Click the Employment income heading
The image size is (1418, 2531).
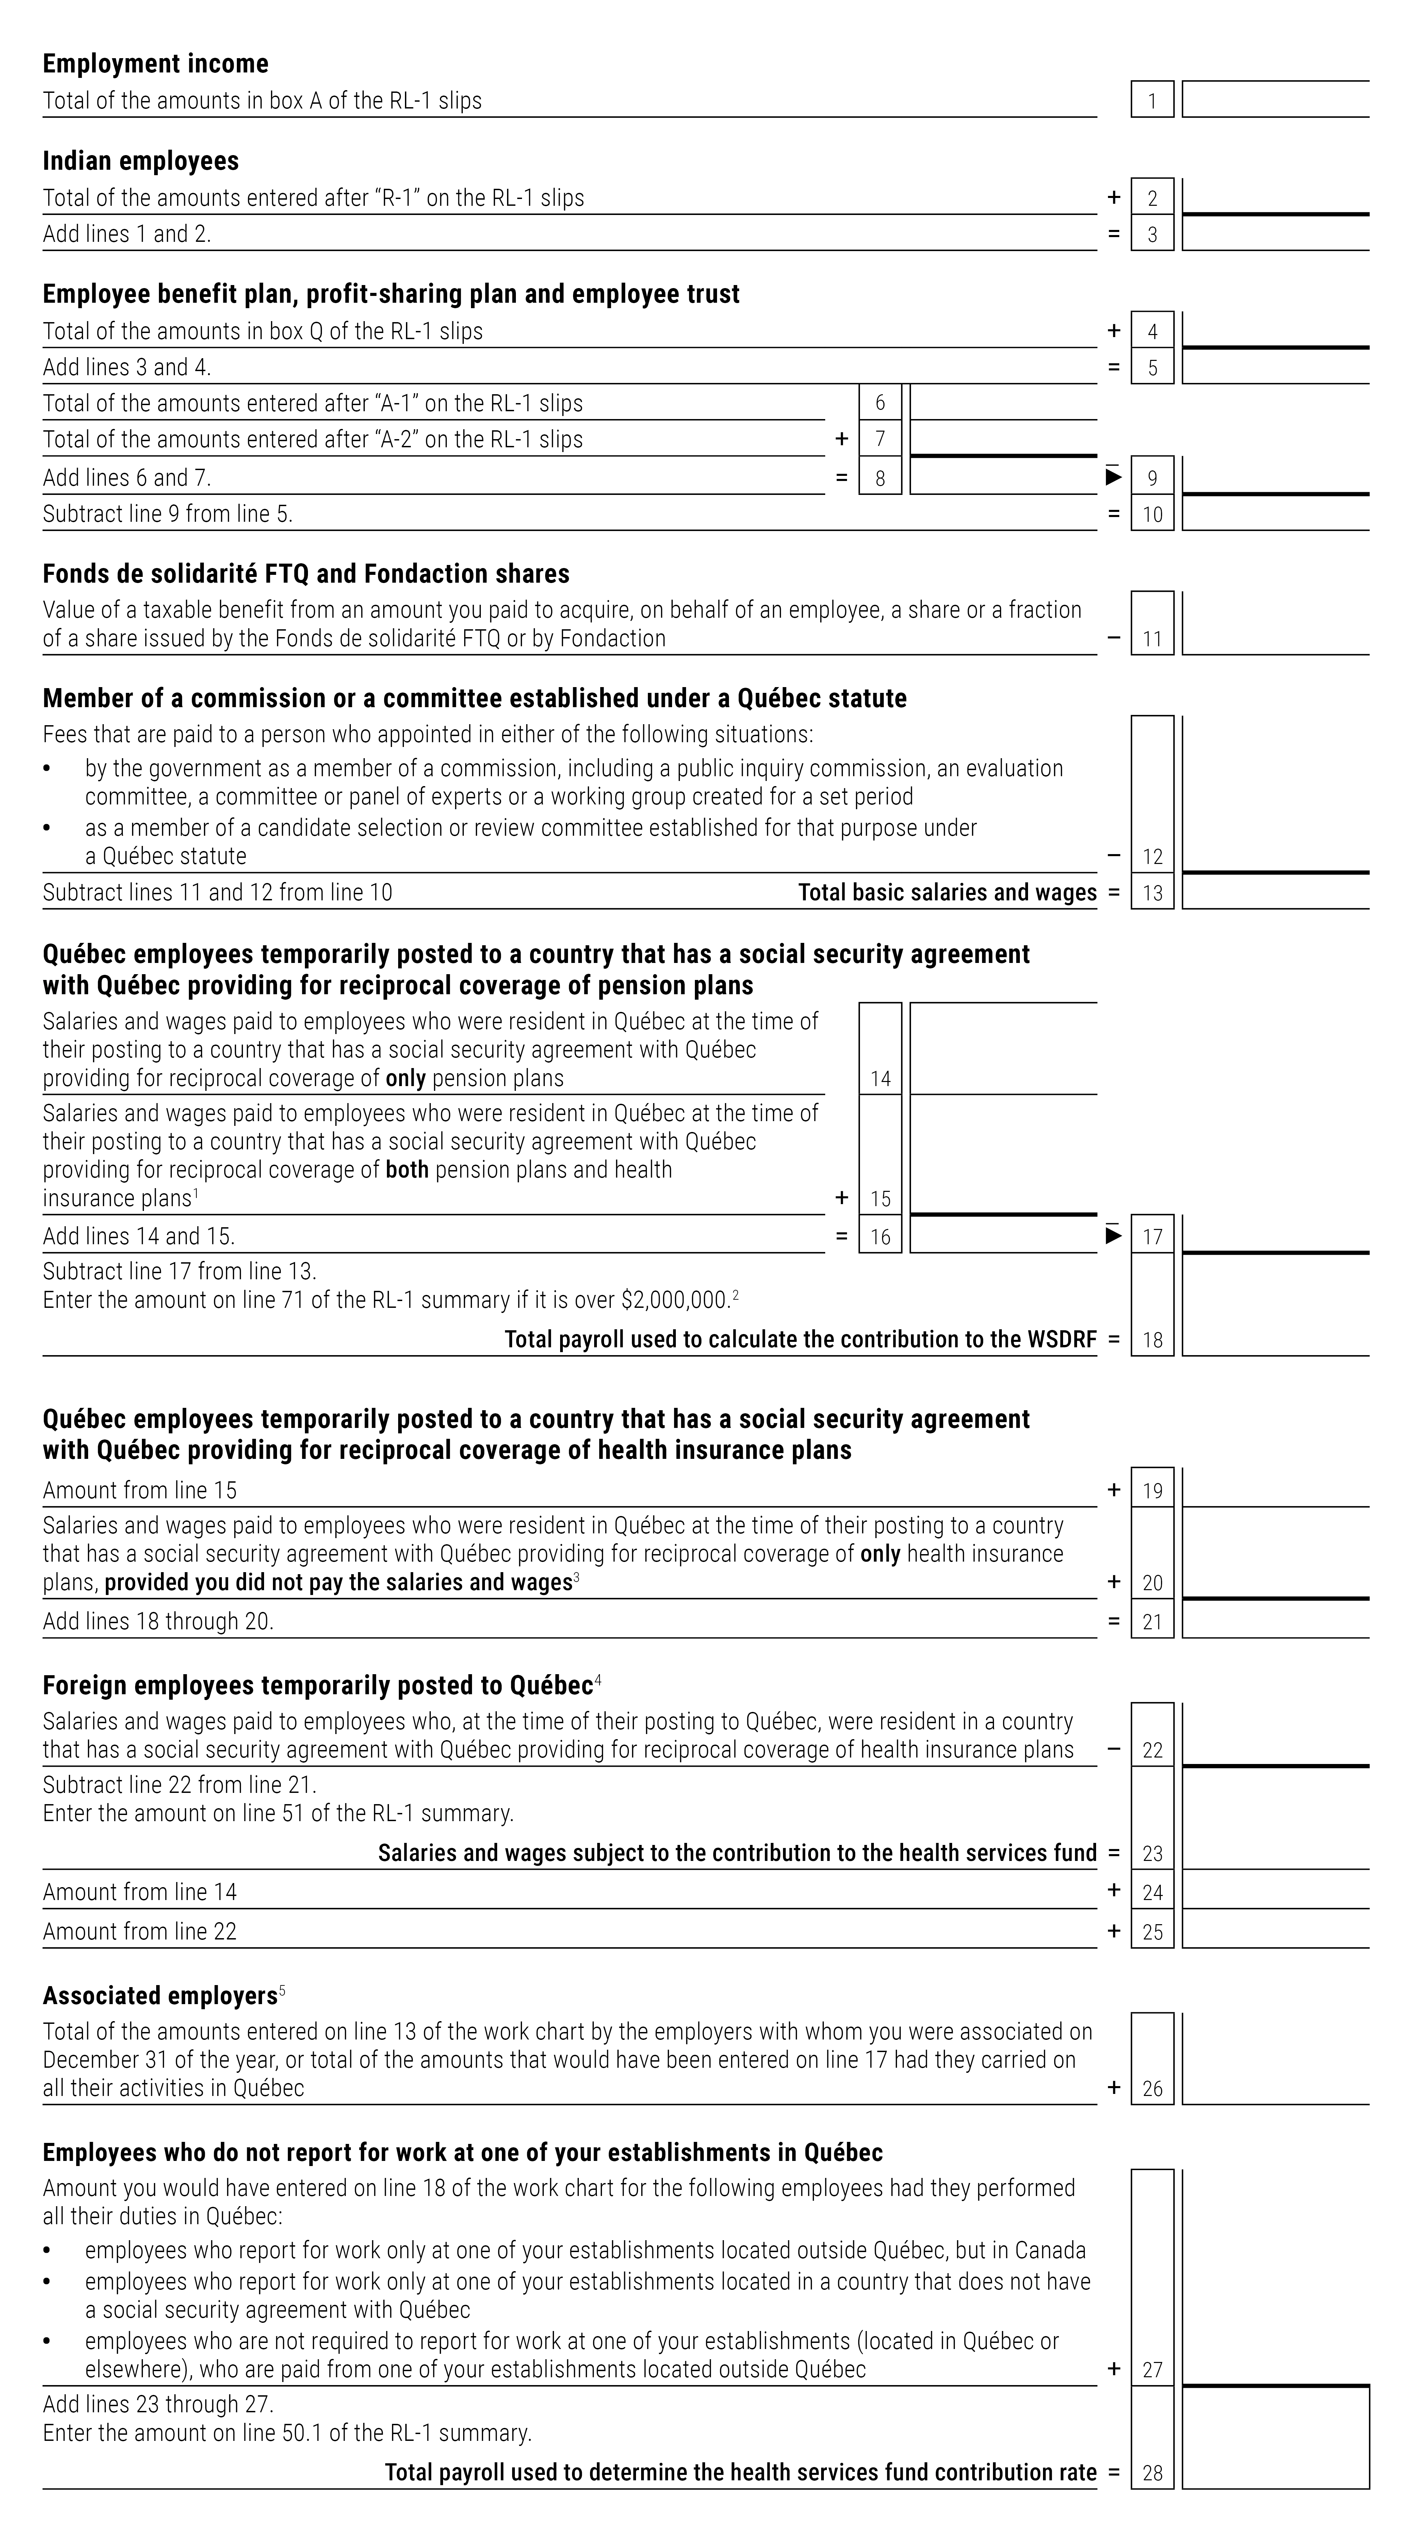(155, 64)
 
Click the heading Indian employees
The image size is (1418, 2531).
(141, 161)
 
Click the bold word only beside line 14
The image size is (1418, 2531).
(405, 1078)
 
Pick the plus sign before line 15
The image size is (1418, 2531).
(841, 1198)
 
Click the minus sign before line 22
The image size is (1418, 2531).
(1113, 1749)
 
